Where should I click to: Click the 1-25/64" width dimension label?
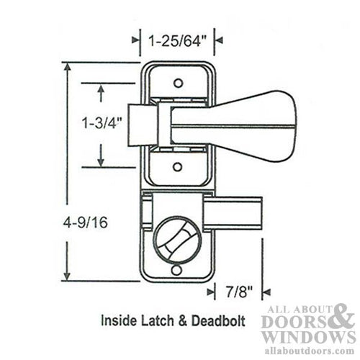point(177,40)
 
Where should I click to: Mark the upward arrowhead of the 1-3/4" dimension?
point(101,89)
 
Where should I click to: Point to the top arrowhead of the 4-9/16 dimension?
point(68,67)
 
